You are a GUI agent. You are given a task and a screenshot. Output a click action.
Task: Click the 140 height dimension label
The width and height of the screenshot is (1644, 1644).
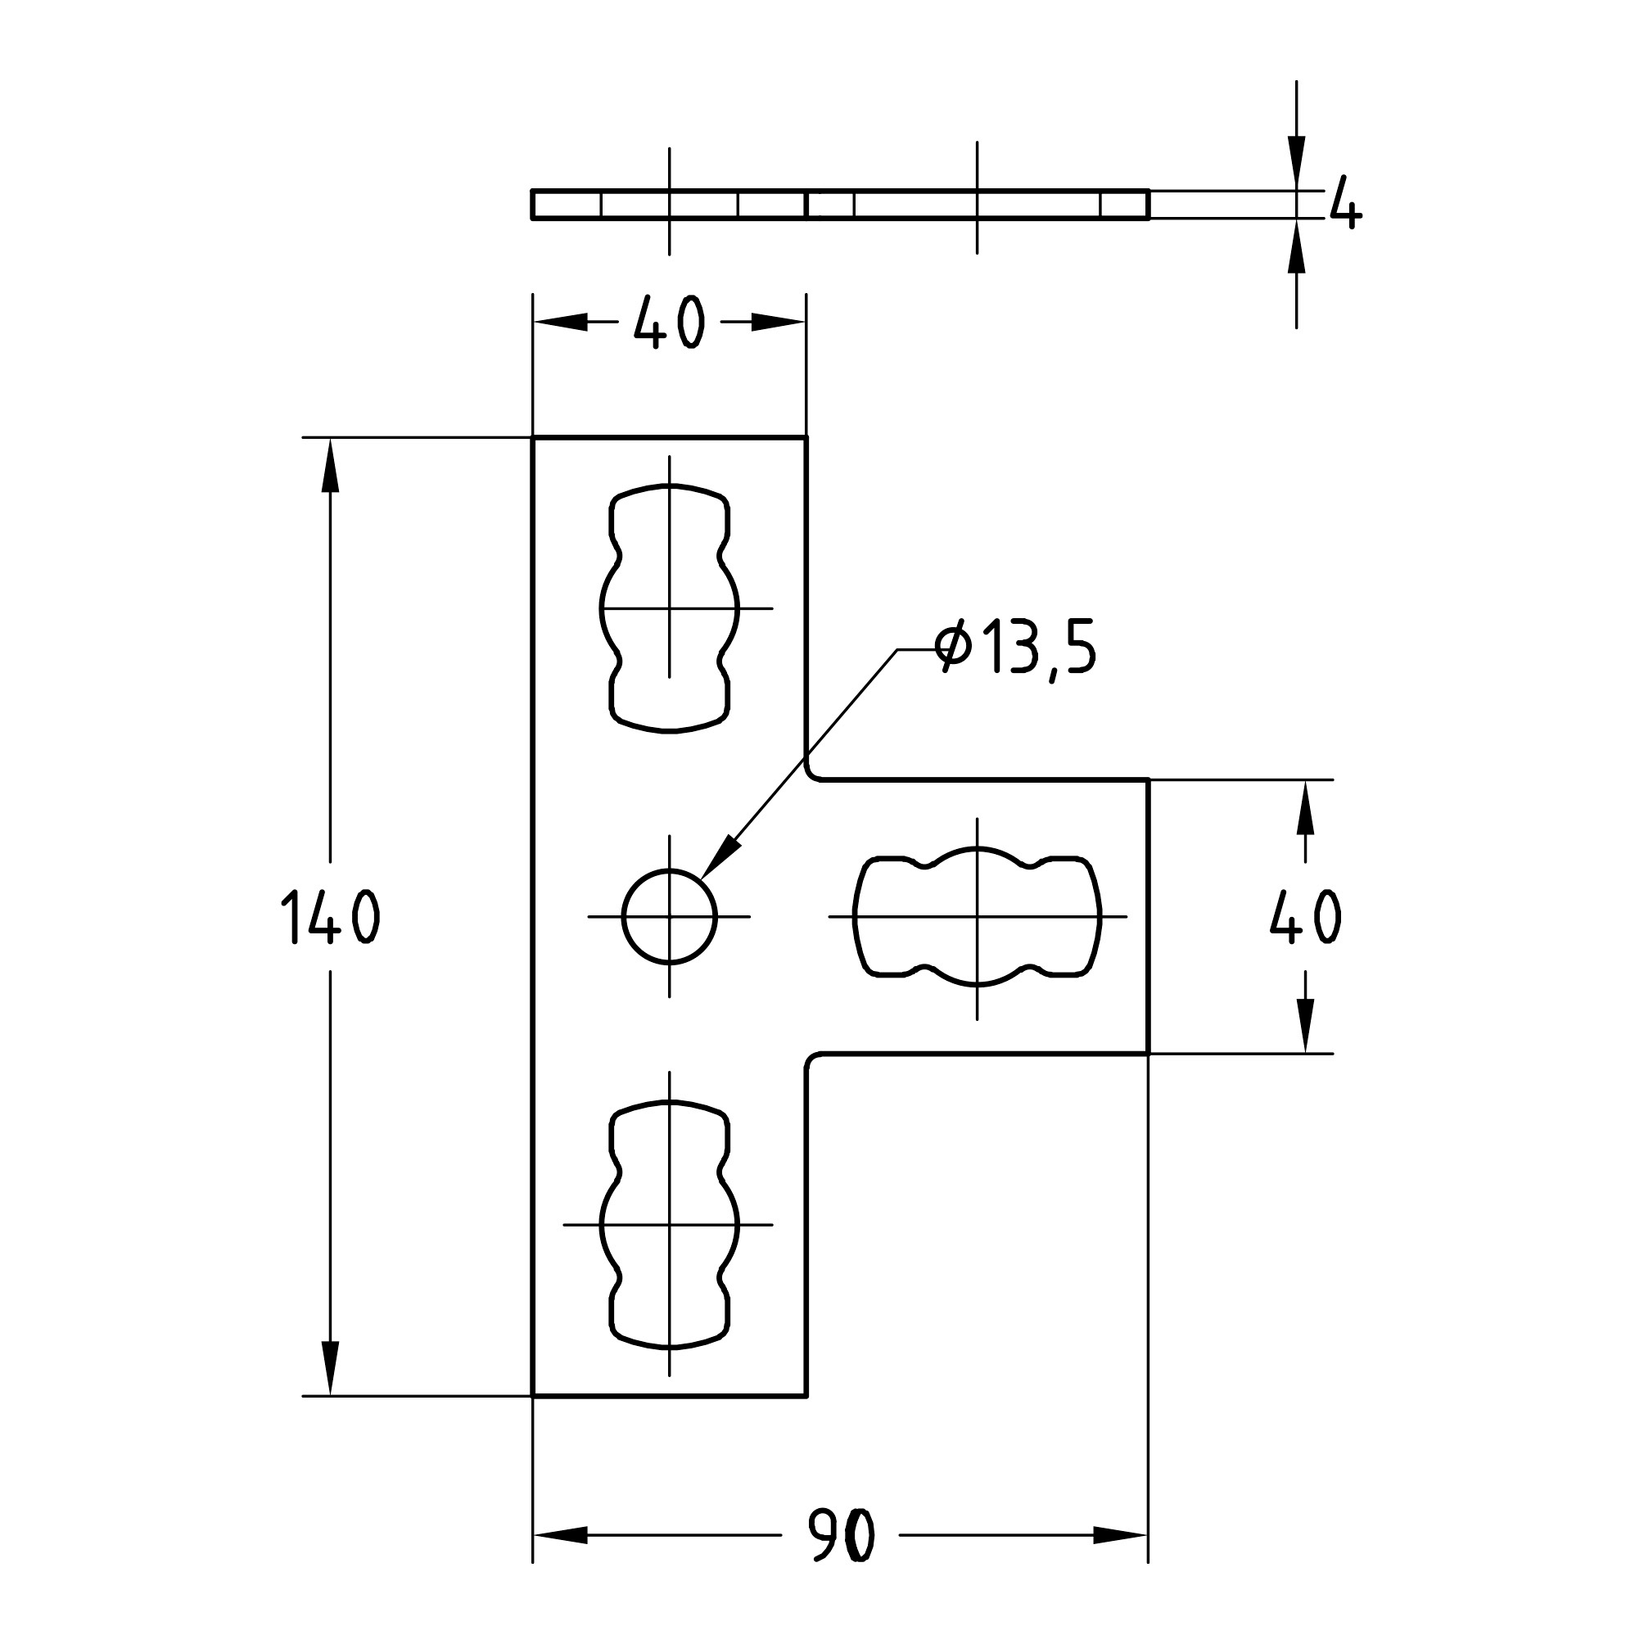coord(330,916)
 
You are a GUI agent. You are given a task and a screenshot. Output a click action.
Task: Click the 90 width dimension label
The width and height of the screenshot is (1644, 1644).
coord(840,1535)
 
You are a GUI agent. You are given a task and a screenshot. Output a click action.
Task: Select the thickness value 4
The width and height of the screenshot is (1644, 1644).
coord(1344,203)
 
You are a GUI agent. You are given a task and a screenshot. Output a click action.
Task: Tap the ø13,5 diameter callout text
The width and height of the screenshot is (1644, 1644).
coord(1014,648)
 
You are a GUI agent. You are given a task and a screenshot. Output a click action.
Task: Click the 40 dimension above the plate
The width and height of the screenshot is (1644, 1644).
coord(670,323)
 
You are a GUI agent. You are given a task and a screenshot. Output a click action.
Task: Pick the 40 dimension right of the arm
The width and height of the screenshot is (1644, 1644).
coord(1305,916)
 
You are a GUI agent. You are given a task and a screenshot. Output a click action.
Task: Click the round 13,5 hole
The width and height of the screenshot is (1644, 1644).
coord(670,916)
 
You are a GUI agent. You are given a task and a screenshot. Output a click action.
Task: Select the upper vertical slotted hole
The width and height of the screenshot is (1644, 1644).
coord(670,607)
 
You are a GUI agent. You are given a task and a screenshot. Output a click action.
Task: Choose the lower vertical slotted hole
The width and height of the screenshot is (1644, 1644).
coord(670,1225)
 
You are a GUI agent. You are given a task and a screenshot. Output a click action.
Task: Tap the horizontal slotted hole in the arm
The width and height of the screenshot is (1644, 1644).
coord(977,916)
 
